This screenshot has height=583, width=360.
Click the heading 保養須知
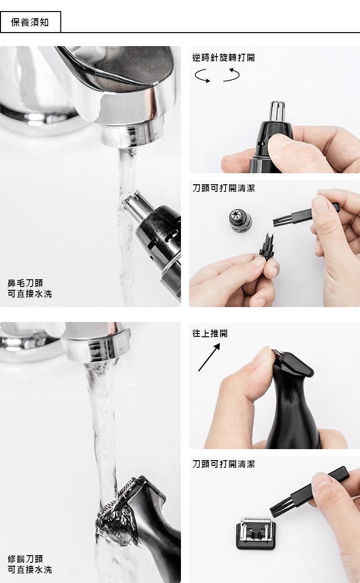click(30, 23)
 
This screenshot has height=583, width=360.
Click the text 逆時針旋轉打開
click(224, 58)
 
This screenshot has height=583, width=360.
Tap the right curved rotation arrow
click(231, 75)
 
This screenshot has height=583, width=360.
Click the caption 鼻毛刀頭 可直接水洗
click(30, 288)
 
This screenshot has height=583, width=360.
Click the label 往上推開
click(210, 333)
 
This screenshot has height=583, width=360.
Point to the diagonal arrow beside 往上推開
click(209, 357)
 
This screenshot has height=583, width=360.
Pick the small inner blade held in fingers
click(267, 246)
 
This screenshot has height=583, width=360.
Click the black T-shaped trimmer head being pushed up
click(294, 364)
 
